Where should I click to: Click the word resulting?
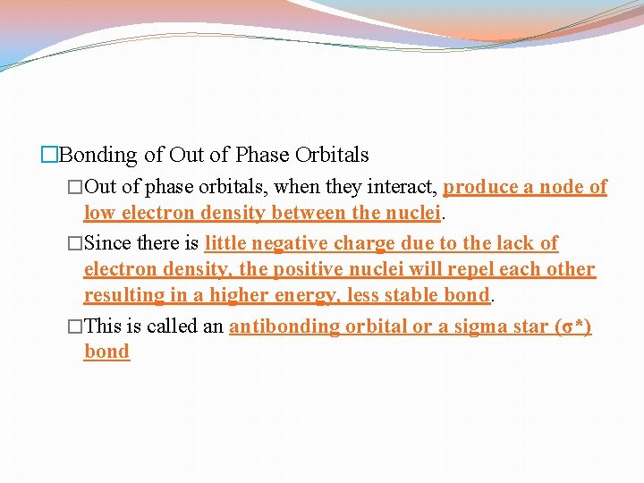tap(123, 295)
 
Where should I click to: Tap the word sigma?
tap(467, 326)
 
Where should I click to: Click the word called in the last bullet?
tap(173, 326)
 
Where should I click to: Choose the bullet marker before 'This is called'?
tap(74, 326)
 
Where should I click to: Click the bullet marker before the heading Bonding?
tap(49, 156)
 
